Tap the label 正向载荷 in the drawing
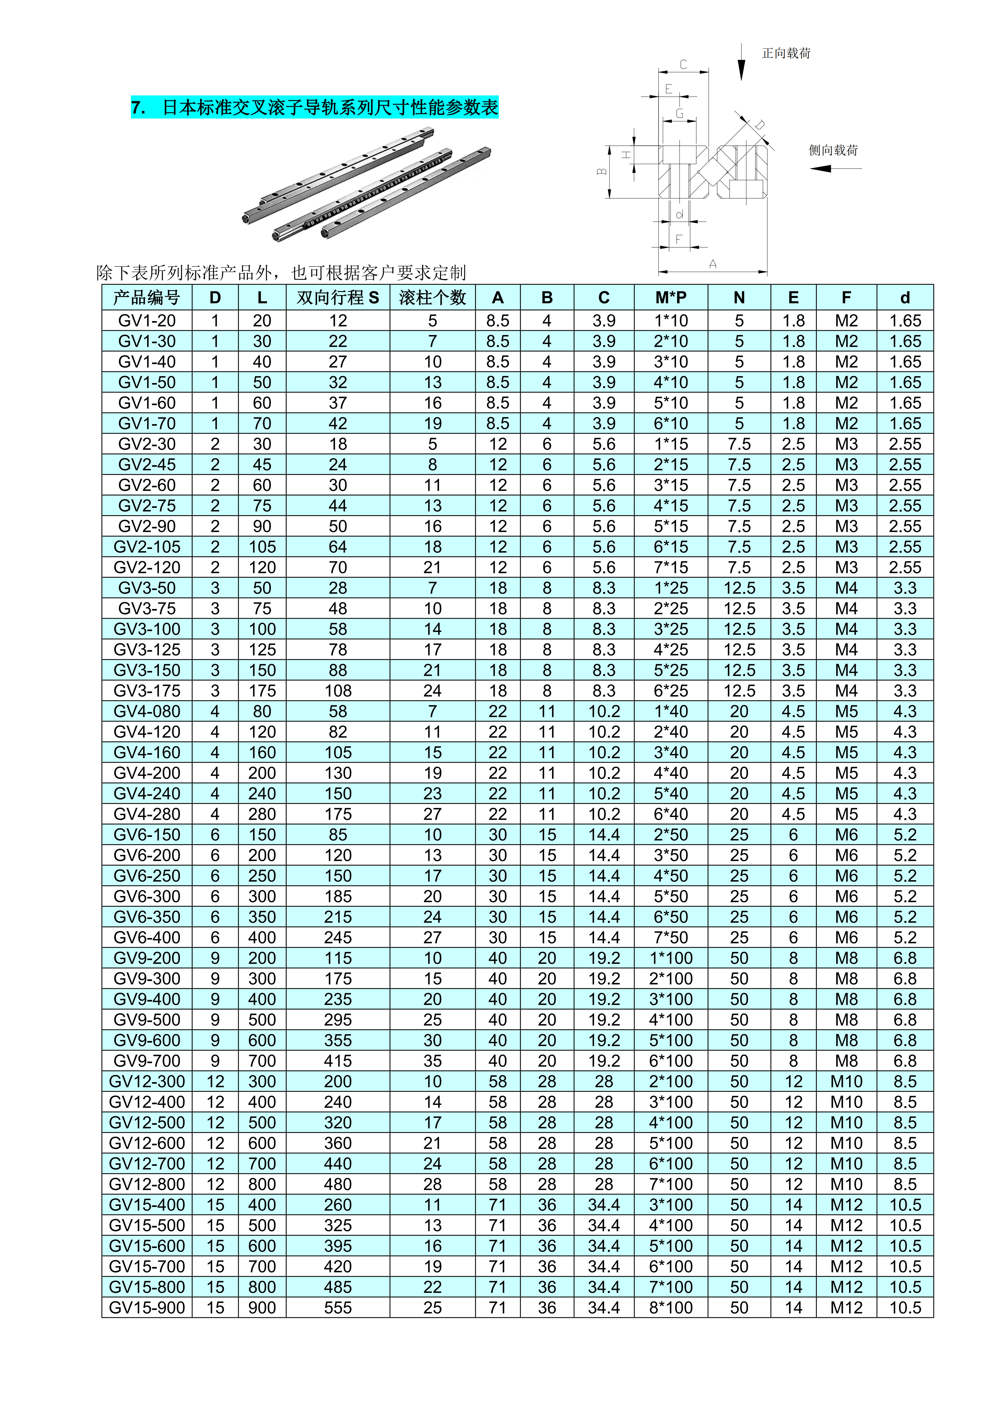786,54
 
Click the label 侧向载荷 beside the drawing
833,150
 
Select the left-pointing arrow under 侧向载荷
835,168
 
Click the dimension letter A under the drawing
713,265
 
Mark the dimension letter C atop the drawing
683,64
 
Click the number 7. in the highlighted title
138,107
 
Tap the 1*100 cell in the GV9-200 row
671,958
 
